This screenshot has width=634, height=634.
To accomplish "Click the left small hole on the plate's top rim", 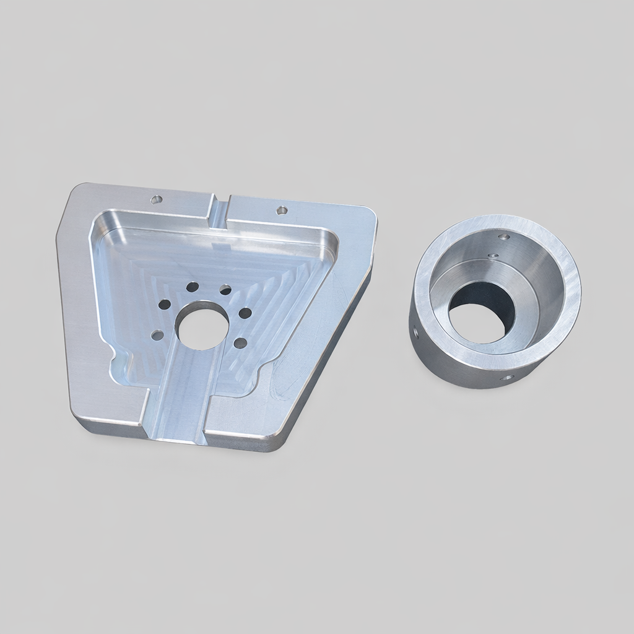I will point(157,199).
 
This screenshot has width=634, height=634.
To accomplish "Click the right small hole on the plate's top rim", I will point(282,210).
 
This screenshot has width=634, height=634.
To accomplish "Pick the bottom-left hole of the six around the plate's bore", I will point(157,334).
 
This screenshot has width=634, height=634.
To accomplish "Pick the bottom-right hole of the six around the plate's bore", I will point(241,342).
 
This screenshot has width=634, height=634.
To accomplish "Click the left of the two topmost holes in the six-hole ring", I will point(193,287).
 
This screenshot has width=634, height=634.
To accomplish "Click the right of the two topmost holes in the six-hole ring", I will point(225,290).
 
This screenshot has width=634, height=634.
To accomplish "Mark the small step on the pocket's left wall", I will point(119,359).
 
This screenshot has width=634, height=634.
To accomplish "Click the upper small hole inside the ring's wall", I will point(504,237).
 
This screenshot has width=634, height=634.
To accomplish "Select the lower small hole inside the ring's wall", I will point(493,255).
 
